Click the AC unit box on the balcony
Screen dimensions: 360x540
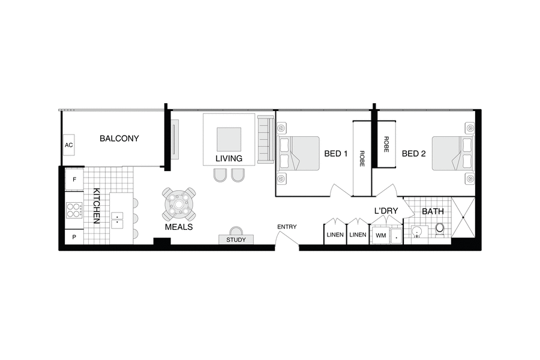pyautogui.click(x=68, y=145)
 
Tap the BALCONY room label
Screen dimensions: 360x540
pyautogui.click(x=119, y=139)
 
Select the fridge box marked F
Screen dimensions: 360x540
pyautogui.click(x=74, y=179)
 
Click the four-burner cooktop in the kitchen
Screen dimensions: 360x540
pyautogui.click(x=74, y=210)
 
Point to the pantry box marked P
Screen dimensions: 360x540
pyautogui.click(x=74, y=237)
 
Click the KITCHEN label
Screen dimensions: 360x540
pyautogui.click(x=95, y=206)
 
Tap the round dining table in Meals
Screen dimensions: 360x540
pyautogui.click(x=179, y=204)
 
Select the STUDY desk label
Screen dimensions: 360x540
pyautogui.click(x=236, y=240)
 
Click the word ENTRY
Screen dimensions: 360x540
pyautogui.click(x=286, y=227)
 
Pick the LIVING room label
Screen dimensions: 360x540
pyautogui.click(x=229, y=159)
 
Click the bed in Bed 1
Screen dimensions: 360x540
pyautogui.click(x=298, y=153)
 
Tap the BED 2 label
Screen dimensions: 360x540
pyautogui.click(x=413, y=154)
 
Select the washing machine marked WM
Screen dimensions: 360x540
pyautogui.click(x=380, y=236)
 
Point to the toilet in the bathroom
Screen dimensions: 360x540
pyautogui.click(x=440, y=229)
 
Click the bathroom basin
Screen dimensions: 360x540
pyautogui.click(x=417, y=230)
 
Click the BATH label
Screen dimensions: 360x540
pyautogui.click(x=433, y=212)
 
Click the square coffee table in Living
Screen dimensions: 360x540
pyautogui.click(x=229, y=139)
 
